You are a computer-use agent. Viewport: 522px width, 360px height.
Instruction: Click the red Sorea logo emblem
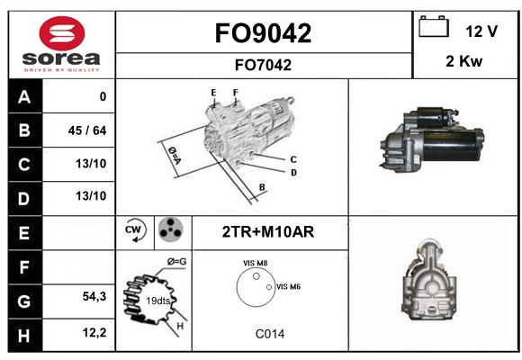(x=62, y=33)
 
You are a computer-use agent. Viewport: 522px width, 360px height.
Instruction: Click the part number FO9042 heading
(x=263, y=33)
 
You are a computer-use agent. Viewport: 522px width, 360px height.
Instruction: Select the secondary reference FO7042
(x=263, y=65)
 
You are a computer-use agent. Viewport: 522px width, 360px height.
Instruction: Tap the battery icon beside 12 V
(x=434, y=26)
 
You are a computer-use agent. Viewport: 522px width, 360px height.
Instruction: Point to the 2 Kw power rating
(x=463, y=61)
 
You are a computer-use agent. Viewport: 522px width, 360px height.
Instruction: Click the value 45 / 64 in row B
(x=87, y=130)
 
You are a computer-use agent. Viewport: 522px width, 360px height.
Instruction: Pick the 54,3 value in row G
(x=94, y=296)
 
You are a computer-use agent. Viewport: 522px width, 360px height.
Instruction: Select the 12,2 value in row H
(x=94, y=332)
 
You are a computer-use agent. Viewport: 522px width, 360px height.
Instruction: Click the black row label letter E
(x=23, y=233)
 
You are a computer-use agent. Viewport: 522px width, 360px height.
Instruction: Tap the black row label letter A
(x=24, y=97)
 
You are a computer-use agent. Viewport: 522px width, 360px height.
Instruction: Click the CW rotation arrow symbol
(x=135, y=230)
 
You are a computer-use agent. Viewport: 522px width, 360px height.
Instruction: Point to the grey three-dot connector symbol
(x=171, y=229)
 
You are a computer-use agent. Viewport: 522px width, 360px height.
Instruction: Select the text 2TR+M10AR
(x=268, y=232)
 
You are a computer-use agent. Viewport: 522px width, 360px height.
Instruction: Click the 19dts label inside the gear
(x=158, y=301)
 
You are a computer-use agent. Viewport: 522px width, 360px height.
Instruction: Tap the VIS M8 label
(x=256, y=263)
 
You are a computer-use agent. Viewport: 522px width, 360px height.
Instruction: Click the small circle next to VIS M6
(x=269, y=287)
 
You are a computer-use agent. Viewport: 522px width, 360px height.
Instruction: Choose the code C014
(x=270, y=334)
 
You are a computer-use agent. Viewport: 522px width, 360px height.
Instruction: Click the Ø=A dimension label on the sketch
(x=174, y=155)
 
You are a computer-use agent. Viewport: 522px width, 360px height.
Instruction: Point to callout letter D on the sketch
(x=293, y=173)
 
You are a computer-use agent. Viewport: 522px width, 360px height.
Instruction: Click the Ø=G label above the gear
(x=176, y=262)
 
